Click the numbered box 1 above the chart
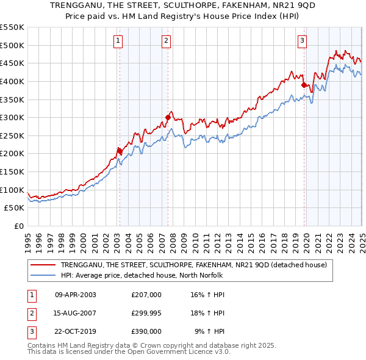click(118, 41)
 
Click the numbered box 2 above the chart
click(166, 41)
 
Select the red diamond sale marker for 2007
click(168, 117)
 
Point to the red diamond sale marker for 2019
click(304, 85)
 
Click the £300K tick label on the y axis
click(13, 117)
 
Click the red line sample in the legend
click(43, 265)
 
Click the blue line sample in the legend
click(43, 275)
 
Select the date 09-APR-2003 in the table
click(76, 295)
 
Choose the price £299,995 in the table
click(146, 313)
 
